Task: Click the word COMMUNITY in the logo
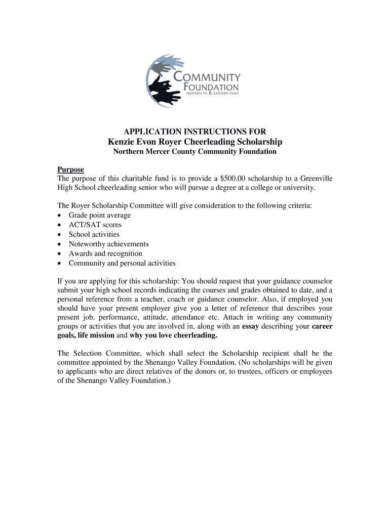click(208, 77)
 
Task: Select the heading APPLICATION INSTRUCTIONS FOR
click(195, 132)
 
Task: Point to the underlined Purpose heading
click(70, 169)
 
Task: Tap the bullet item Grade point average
click(100, 215)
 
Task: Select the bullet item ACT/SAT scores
click(95, 225)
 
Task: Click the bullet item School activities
click(94, 234)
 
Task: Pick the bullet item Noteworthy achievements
click(109, 244)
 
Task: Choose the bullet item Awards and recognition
click(105, 253)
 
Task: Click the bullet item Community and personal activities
click(122, 263)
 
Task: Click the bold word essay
click(251, 326)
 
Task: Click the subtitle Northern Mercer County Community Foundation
click(195, 152)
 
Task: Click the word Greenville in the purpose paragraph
click(315, 179)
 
